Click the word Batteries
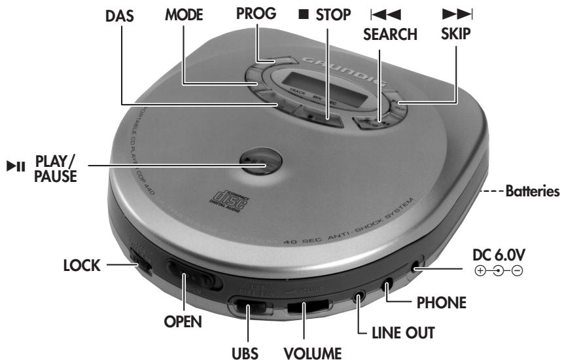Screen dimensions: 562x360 click(x=531, y=192)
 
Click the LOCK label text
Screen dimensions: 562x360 click(x=82, y=266)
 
